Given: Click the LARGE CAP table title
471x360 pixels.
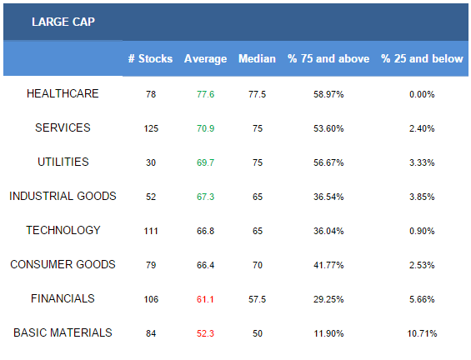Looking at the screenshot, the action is coord(63,22).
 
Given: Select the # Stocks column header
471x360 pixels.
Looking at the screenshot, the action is coord(150,58).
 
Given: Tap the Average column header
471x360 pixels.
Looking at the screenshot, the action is coord(205,59).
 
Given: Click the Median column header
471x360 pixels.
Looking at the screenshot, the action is coord(257,58).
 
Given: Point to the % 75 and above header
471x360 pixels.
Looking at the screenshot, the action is coord(328,58).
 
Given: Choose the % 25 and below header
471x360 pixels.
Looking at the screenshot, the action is coord(422,58).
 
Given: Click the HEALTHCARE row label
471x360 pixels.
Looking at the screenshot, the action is coord(63,93).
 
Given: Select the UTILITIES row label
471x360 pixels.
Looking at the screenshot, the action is coord(63,162).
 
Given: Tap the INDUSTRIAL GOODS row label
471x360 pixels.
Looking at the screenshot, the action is coord(63,196).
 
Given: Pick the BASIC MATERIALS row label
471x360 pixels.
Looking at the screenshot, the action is coord(63,332).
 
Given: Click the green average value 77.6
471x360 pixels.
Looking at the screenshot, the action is coord(205,94).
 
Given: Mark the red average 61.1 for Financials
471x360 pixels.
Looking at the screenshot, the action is coord(205,299).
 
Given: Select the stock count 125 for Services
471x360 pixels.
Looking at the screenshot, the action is coord(151,128).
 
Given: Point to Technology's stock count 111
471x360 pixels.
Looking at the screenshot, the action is coord(151,231).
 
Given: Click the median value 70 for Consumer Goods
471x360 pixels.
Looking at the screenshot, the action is coord(258,265).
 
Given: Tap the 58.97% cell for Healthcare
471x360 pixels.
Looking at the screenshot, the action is coord(328,94).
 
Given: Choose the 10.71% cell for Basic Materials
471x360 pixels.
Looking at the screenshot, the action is coord(422,333).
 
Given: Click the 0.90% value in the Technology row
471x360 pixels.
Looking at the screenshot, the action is coord(422,231).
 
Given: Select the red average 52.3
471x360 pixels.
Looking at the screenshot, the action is coord(205,333).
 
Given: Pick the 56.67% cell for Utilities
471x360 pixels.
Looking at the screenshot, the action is coord(328,162).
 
